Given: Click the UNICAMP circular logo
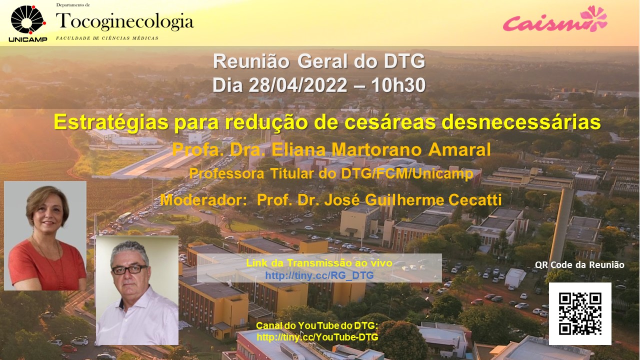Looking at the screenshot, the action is tap(28, 20).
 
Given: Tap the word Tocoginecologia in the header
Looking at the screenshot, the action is tap(125, 21).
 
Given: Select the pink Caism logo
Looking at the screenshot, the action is tap(555, 19).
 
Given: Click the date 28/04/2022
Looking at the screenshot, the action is tap(298, 85).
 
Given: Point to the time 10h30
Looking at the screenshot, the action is tap(398, 85).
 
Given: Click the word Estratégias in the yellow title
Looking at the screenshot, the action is tap(111, 122).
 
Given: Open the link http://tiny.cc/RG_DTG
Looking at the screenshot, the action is tap(319, 275).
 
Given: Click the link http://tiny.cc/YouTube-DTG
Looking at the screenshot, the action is tap(317, 337).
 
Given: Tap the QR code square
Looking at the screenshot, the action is tap(580, 313).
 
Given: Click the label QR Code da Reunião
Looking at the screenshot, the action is tap(579, 265).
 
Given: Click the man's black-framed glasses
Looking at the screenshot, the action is tap(129, 269).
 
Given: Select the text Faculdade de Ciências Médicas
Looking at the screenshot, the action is tap(107, 38).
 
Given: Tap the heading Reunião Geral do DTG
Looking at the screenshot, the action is tap(319, 61).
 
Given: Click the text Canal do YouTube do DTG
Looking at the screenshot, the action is tap(317, 325).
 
